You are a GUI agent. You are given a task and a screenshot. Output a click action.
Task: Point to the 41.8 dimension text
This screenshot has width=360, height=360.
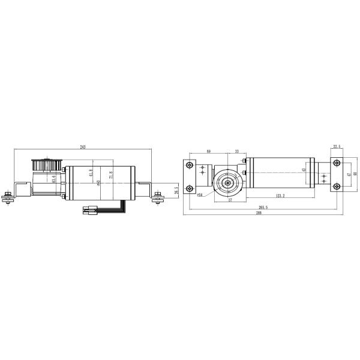(x=91, y=173)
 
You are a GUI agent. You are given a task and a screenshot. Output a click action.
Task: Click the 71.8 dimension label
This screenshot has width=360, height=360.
(x=111, y=175)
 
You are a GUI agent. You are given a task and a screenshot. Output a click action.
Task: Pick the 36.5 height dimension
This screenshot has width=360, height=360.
(x=176, y=191)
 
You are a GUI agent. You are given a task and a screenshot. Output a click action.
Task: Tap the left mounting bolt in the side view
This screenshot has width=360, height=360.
(x=7, y=196)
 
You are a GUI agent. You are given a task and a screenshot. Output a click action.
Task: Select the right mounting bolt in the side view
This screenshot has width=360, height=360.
(x=158, y=196)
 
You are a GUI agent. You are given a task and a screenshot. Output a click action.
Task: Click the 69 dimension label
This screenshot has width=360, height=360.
(x=209, y=152)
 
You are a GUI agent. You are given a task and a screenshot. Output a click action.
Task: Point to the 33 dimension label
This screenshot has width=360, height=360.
(x=238, y=152)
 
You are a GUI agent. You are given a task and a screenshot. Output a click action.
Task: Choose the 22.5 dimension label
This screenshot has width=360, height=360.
(x=336, y=146)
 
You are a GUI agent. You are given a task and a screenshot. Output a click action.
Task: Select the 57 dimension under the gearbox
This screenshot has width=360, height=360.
(x=230, y=200)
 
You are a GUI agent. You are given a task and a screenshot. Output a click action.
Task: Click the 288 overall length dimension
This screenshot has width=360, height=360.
(x=259, y=213)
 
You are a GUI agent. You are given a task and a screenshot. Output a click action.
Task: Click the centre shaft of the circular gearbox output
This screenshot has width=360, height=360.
(x=229, y=182)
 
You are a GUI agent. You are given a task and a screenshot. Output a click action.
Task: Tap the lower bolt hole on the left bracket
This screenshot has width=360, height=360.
(x=189, y=187)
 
